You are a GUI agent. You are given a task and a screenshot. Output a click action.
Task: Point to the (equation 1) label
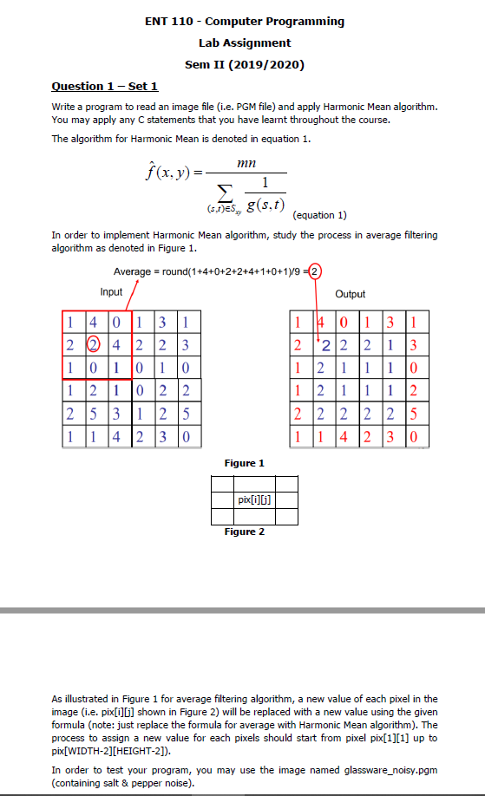[x=321, y=214]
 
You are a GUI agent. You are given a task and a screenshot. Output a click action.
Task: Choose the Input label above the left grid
[x=111, y=291]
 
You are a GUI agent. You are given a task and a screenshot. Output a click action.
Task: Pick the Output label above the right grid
[x=350, y=294]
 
